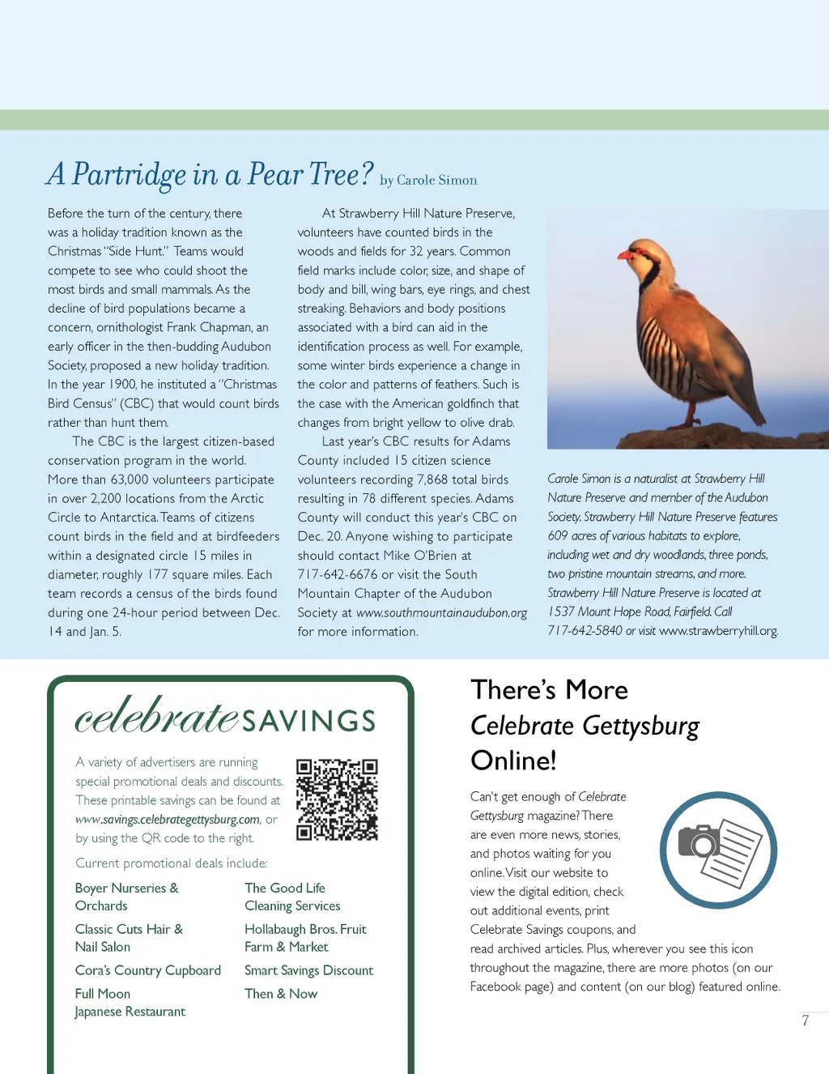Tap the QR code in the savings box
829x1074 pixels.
click(x=337, y=799)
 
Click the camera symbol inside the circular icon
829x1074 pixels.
click(x=699, y=842)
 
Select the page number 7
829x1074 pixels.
click(x=805, y=1021)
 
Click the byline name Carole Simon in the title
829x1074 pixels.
click(x=436, y=181)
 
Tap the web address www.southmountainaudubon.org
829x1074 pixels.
click(x=441, y=613)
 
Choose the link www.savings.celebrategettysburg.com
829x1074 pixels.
click(x=168, y=820)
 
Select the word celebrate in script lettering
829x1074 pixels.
click(x=156, y=716)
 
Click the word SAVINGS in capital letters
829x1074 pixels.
click(x=309, y=721)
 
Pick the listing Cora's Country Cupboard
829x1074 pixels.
click(x=147, y=970)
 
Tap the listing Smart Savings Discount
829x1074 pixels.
click(x=308, y=970)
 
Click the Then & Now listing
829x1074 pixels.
click(x=281, y=994)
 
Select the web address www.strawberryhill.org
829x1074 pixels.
click(x=718, y=631)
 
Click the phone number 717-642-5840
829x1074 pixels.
click(x=585, y=631)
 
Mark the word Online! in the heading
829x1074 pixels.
click(x=513, y=761)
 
